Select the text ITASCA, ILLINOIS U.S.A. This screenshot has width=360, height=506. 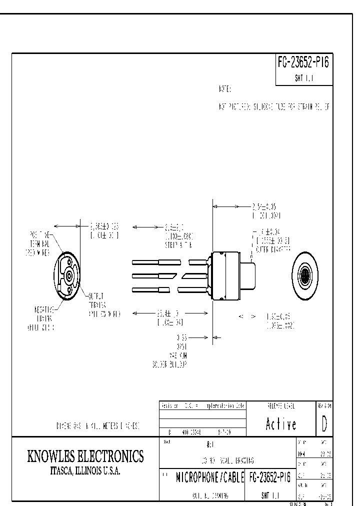(85, 471)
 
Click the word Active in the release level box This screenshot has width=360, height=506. (281, 424)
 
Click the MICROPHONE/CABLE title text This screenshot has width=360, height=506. (209, 478)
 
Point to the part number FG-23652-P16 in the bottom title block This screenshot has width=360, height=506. (269, 478)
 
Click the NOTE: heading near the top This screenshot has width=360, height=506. (225, 89)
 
